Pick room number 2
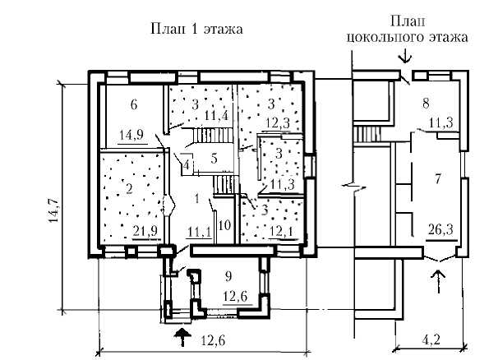[129, 188]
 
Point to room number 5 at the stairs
[213, 157]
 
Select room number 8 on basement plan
[425, 104]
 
